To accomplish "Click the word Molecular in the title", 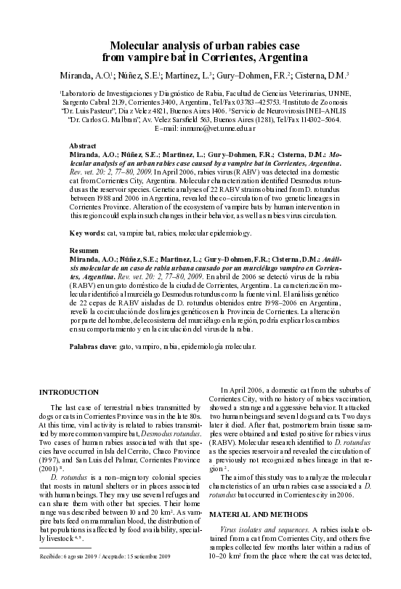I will coord(143,45).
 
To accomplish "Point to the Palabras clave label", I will coord(94,349).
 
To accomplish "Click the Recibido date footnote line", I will coord(107,576).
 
